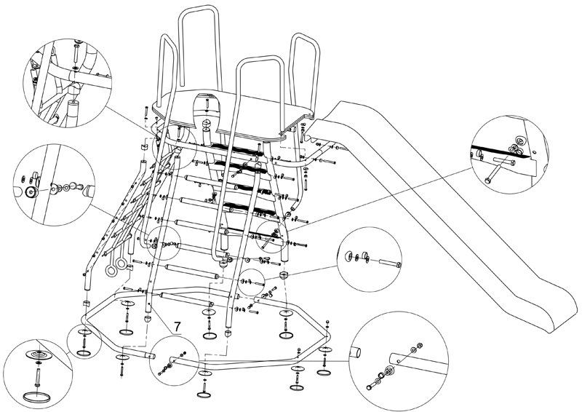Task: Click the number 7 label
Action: tap(177, 327)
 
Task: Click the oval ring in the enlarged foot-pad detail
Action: tap(37, 397)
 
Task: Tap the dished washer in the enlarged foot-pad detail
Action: tap(39, 354)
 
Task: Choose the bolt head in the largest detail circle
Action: tap(369, 387)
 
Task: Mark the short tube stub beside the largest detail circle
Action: tap(355, 352)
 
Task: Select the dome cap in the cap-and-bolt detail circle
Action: tap(349, 256)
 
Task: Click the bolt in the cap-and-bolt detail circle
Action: tap(389, 264)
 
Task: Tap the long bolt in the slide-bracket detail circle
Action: tap(499, 171)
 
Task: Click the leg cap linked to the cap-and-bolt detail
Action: tap(284, 275)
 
